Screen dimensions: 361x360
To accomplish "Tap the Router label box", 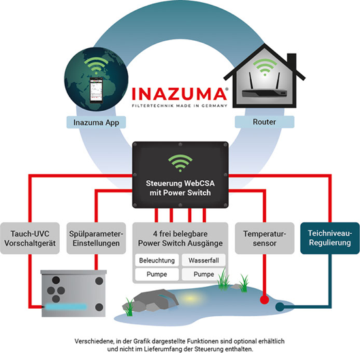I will click(x=263, y=122).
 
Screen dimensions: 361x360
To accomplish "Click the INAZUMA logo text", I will click(x=180, y=93).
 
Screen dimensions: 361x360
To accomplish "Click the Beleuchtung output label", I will click(x=155, y=260).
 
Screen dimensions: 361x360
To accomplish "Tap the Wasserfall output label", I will click(x=204, y=260).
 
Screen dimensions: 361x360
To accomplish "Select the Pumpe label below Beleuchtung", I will click(x=155, y=274).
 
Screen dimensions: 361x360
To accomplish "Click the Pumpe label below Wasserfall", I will click(x=204, y=274).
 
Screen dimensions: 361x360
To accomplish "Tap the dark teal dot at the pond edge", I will click(x=280, y=307).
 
